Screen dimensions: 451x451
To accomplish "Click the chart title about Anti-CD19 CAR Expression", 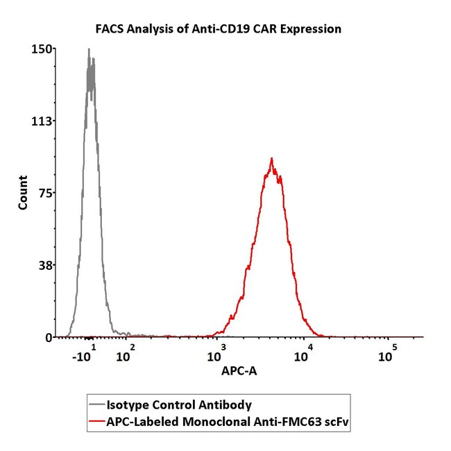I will tap(219, 29).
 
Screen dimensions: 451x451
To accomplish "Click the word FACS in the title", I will tap(110, 29).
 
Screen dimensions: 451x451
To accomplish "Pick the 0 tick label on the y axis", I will tap(49, 337).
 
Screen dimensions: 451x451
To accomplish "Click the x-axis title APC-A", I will tap(240, 372).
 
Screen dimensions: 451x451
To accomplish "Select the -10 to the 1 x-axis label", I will tap(85, 355).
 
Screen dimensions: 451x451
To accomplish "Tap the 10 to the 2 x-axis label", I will tap(125, 355).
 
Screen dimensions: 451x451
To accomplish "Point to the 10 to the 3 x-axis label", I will tap(216, 355).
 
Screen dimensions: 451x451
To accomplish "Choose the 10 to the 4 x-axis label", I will tap(303, 355).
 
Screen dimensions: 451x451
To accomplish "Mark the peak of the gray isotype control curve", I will tap(89, 49).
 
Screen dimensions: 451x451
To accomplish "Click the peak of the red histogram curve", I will tap(271, 158).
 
